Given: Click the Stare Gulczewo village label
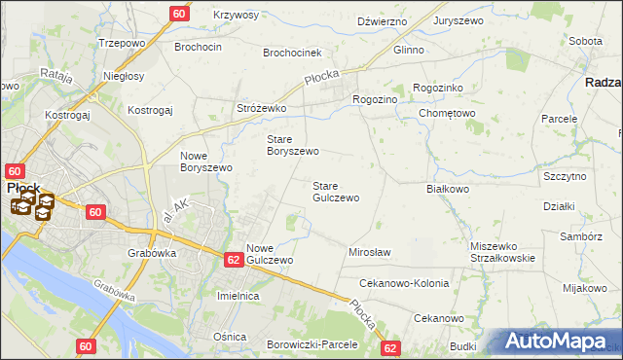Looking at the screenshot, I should coord(336,191).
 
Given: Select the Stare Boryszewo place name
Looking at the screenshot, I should coord(293,145).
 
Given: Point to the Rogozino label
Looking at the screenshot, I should coord(376,99).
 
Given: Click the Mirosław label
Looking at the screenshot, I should coord(370,252).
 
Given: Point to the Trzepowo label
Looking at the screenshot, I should coord(122,44).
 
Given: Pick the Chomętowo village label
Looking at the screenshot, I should coord(447,113).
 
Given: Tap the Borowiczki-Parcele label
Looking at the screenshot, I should coord(312,344).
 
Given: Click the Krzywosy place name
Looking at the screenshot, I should coord(236,16).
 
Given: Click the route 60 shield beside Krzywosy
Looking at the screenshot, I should coord(179,14).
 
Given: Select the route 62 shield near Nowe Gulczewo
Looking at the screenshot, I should coord(233,260).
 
